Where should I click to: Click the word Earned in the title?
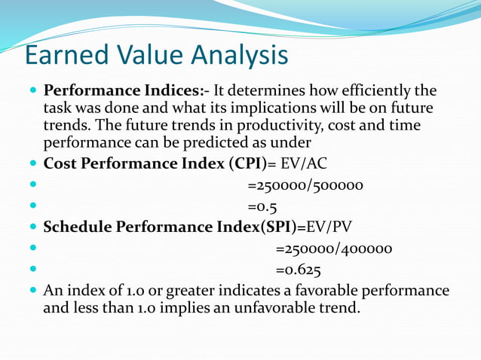coord(67,56)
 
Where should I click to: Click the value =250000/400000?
coord(334,249)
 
